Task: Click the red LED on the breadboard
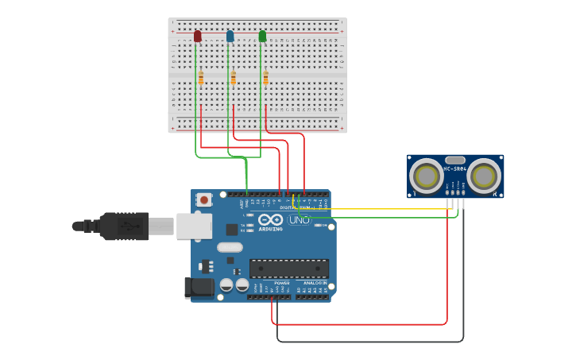click(x=197, y=36)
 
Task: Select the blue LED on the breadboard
click(x=230, y=36)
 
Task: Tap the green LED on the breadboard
click(x=262, y=36)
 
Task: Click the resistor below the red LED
click(x=201, y=78)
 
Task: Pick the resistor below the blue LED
click(x=234, y=78)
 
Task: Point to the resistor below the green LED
click(x=266, y=78)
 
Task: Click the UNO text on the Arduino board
click(x=300, y=219)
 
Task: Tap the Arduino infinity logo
click(x=270, y=219)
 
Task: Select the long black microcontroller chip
click(x=289, y=269)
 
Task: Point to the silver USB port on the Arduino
click(x=193, y=226)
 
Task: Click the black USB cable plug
click(x=123, y=226)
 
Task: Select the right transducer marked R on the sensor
click(x=484, y=176)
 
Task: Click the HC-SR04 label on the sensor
click(x=455, y=168)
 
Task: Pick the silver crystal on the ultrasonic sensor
click(x=455, y=160)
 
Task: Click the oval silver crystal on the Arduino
click(x=229, y=247)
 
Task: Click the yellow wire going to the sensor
click(x=373, y=209)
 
